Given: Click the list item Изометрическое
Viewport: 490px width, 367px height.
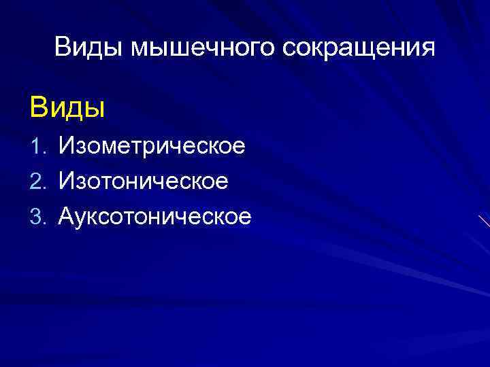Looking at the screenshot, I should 152,146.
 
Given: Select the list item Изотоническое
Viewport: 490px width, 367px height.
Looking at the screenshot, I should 144,181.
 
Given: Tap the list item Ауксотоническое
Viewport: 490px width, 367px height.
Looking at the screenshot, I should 155,217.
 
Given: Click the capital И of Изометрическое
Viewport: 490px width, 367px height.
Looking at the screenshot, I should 66,145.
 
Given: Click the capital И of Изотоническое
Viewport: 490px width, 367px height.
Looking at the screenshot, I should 66,181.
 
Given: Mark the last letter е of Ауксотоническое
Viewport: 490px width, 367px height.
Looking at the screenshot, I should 244,218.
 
